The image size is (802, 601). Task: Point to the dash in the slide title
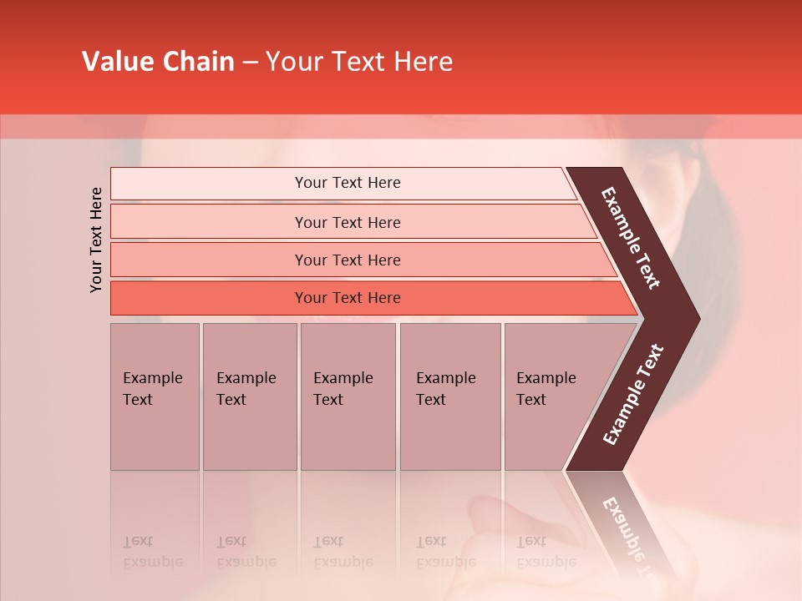pyautogui.click(x=250, y=63)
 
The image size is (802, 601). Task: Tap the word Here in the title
pyautogui.click(x=423, y=62)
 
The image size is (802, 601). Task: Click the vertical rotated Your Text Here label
pyautogui.click(x=96, y=240)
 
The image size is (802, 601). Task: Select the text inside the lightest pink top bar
pyautogui.click(x=348, y=183)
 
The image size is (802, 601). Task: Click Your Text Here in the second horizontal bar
pyautogui.click(x=348, y=222)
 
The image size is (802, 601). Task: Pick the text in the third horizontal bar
pyautogui.click(x=348, y=260)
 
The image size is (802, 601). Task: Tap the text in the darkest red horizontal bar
pyautogui.click(x=348, y=298)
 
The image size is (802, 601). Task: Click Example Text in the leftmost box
pyautogui.click(x=152, y=389)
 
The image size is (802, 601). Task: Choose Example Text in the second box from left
pyautogui.click(x=246, y=389)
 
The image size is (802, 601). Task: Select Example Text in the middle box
pyautogui.click(x=343, y=389)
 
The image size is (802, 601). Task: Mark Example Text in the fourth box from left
pyautogui.click(x=445, y=389)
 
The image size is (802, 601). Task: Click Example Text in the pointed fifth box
pyautogui.click(x=546, y=389)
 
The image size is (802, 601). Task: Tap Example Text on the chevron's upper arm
pyautogui.click(x=631, y=238)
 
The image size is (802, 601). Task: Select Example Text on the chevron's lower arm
pyautogui.click(x=632, y=394)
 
